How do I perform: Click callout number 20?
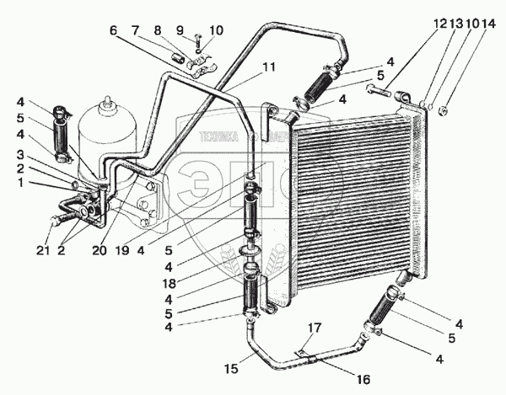pyautogui.click(x=100, y=250)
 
